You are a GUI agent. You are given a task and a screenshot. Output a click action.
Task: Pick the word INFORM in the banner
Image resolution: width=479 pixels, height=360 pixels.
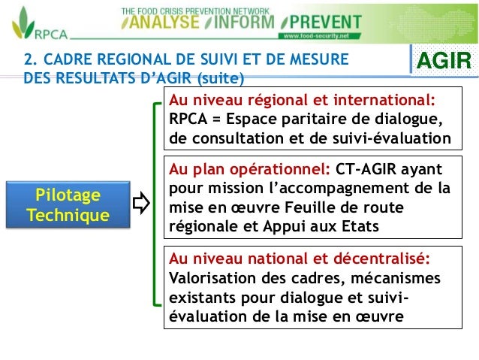pos(239,23)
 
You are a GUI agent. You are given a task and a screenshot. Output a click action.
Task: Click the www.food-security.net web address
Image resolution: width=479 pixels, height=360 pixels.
pos(318,36)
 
